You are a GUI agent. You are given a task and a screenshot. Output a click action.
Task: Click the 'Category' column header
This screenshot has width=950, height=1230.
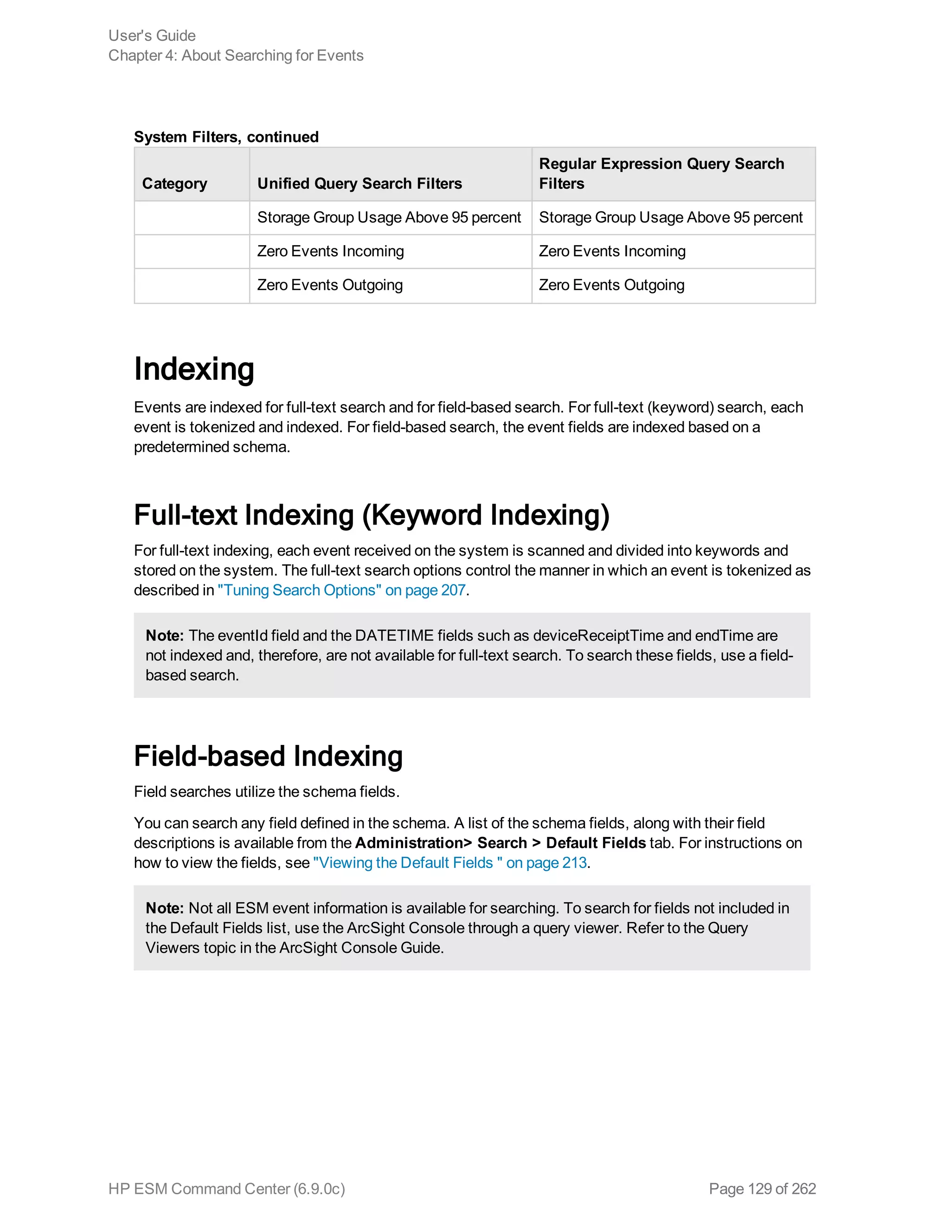click(174, 184)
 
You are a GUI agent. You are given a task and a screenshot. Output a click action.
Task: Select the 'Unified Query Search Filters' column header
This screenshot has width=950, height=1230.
click(359, 184)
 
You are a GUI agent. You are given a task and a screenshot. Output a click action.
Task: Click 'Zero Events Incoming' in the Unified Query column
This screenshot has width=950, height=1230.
click(330, 251)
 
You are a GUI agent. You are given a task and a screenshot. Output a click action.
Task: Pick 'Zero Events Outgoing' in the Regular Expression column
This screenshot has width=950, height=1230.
click(611, 285)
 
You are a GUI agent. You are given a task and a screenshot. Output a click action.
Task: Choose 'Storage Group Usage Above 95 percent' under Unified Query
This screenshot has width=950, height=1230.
click(389, 217)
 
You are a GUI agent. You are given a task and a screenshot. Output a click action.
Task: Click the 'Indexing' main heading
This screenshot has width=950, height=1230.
click(194, 369)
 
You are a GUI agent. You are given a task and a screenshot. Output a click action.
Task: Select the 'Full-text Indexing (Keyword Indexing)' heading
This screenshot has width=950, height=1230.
click(372, 515)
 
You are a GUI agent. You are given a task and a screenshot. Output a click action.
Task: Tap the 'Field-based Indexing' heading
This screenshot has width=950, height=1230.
click(268, 756)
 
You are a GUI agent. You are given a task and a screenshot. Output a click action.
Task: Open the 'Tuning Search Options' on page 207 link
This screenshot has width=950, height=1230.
click(341, 590)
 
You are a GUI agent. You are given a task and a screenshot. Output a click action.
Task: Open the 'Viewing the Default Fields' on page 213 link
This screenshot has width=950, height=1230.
click(449, 863)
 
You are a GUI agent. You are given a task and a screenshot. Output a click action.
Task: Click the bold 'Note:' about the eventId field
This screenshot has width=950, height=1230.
click(164, 636)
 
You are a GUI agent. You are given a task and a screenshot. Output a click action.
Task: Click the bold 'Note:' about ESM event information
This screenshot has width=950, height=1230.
click(164, 908)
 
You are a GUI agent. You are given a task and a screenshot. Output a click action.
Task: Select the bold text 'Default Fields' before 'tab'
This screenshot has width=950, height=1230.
click(596, 843)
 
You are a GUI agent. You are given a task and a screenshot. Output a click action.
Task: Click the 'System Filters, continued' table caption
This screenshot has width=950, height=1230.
click(226, 137)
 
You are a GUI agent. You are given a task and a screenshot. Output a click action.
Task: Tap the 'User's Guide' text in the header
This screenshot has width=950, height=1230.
click(152, 35)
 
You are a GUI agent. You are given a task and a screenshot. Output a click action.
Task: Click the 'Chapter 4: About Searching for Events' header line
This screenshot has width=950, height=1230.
click(236, 56)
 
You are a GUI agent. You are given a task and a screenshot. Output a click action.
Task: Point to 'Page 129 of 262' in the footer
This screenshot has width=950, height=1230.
click(762, 1189)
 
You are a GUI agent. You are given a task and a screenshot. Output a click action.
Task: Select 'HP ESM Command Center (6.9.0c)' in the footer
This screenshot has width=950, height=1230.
click(226, 1189)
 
